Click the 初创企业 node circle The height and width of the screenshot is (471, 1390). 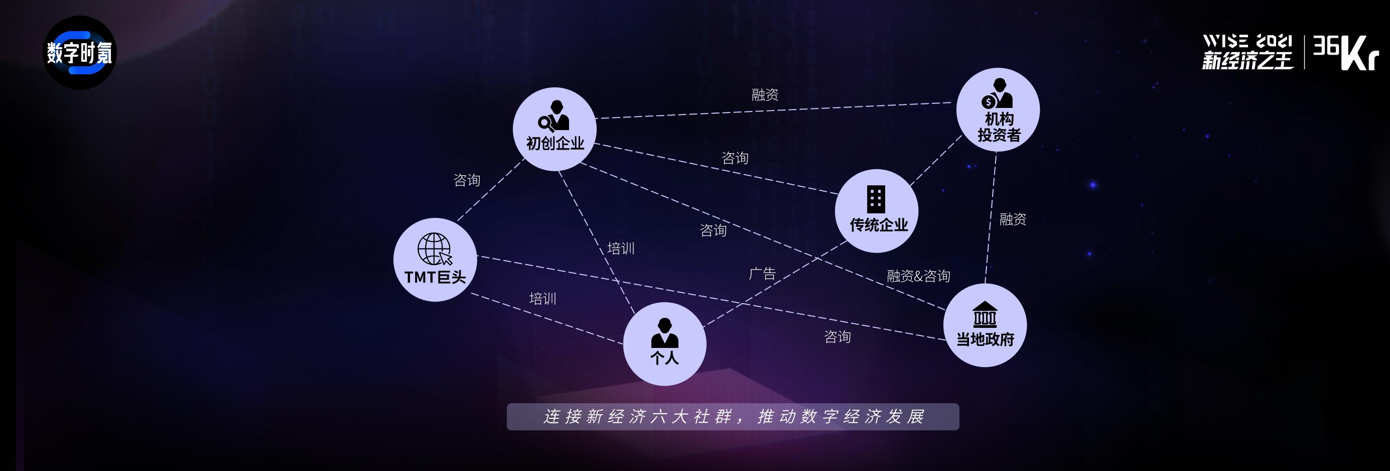coord(554,129)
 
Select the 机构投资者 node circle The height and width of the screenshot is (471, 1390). coord(998,109)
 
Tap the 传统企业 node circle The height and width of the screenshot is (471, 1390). coord(876,211)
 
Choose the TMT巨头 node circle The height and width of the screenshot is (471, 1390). coord(435,260)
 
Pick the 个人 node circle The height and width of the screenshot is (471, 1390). coord(664,343)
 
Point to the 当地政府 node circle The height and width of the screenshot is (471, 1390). coord(985,325)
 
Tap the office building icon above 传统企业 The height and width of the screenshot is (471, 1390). coord(876,199)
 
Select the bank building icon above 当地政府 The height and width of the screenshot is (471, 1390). coord(985,314)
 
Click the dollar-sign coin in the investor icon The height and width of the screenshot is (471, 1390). coord(989,101)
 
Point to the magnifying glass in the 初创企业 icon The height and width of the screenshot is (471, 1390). coord(546,124)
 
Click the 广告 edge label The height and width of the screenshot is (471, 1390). coord(762,274)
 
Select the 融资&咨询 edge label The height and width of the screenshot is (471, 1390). coord(918,276)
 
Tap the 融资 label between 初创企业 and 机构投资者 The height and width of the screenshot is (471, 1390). coord(765,94)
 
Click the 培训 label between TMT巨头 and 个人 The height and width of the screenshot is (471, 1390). coord(542,299)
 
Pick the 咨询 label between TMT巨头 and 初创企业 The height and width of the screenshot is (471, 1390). coord(467,180)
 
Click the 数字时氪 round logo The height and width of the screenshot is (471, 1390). coord(80,53)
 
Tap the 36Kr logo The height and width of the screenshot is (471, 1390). coord(1345,52)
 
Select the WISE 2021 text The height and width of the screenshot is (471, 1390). coord(1247,42)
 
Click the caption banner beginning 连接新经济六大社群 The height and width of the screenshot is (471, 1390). coord(733,416)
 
